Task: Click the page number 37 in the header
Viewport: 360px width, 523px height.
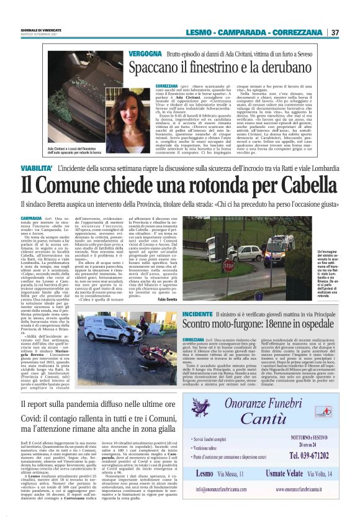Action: click(x=335, y=32)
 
